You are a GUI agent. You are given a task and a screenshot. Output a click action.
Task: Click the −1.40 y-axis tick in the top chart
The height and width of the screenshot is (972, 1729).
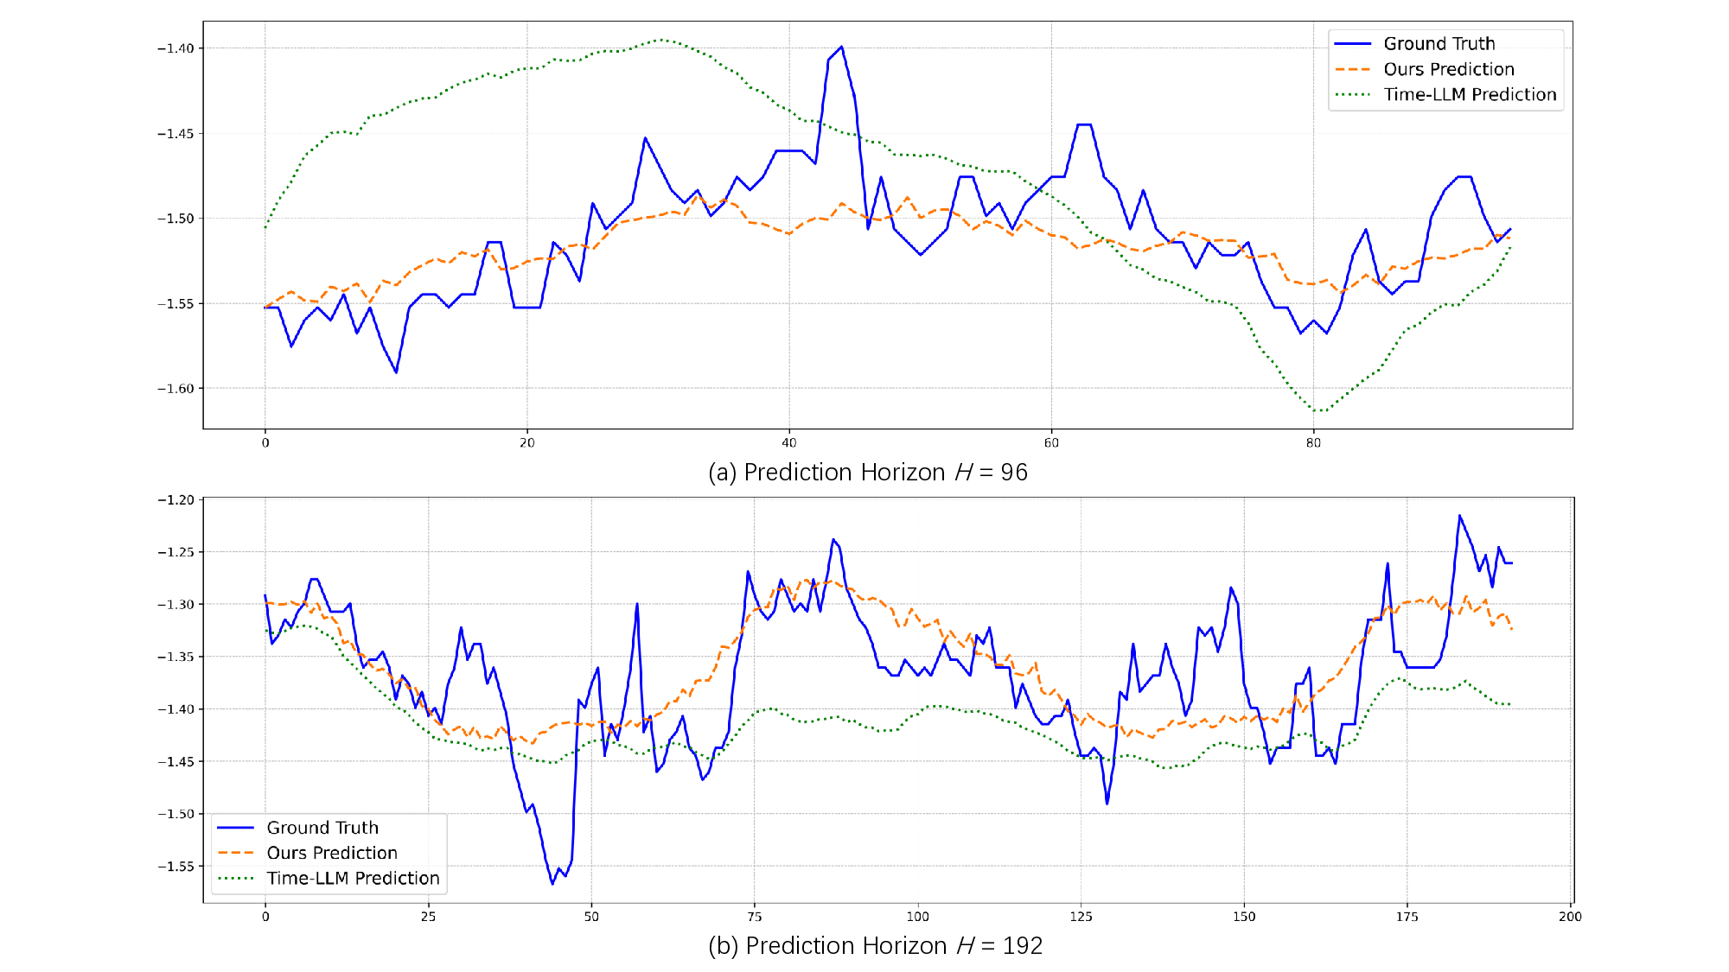[175, 48]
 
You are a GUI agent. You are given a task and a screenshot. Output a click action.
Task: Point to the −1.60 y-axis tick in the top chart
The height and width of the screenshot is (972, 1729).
[175, 389]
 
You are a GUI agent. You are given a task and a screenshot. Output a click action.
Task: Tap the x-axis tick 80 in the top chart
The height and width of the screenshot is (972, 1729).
[1313, 443]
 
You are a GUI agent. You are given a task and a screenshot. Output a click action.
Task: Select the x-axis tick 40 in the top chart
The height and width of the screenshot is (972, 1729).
[788, 443]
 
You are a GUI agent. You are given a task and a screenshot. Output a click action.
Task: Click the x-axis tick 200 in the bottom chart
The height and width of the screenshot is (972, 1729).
[1570, 917]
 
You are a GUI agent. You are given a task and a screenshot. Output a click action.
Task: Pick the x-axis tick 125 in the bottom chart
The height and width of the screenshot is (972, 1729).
[1081, 917]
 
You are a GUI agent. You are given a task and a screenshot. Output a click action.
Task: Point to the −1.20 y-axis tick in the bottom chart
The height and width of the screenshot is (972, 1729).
[175, 500]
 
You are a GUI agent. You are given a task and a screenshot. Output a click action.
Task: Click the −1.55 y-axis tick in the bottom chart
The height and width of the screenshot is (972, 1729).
[175, 867]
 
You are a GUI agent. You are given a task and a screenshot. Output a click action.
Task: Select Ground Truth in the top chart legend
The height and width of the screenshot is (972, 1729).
[1439, 44]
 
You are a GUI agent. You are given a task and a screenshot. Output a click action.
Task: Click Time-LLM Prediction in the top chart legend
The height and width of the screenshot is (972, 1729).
[1470, 95]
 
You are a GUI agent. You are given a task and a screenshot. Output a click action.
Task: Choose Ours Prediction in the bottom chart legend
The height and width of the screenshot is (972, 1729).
[332, 854]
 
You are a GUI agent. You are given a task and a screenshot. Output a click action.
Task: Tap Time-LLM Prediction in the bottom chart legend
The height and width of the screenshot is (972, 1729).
[353, 879]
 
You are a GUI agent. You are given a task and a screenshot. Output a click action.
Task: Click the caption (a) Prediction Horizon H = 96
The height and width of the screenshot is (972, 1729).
[867, 473]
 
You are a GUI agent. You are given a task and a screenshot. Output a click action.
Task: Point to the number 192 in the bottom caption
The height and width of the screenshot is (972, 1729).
[1023, 946]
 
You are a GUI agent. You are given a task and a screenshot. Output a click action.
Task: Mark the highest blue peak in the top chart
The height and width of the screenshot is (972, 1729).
[841, 47]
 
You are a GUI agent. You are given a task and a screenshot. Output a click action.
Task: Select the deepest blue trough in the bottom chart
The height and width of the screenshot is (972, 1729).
[552, 884]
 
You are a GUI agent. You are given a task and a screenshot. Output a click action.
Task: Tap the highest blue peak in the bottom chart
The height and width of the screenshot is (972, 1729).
[1459, 516]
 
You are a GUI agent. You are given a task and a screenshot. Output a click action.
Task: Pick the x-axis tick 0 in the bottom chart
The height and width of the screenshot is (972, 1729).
[265, 917]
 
